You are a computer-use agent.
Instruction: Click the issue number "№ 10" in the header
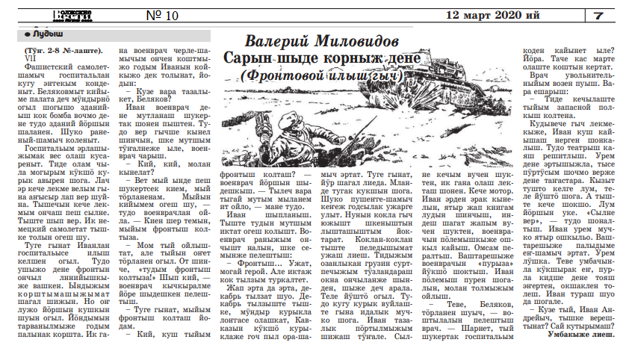[x=161, y=15]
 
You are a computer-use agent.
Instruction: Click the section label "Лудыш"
[x=49, y=34]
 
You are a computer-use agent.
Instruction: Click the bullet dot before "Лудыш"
[x=28, y=34]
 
